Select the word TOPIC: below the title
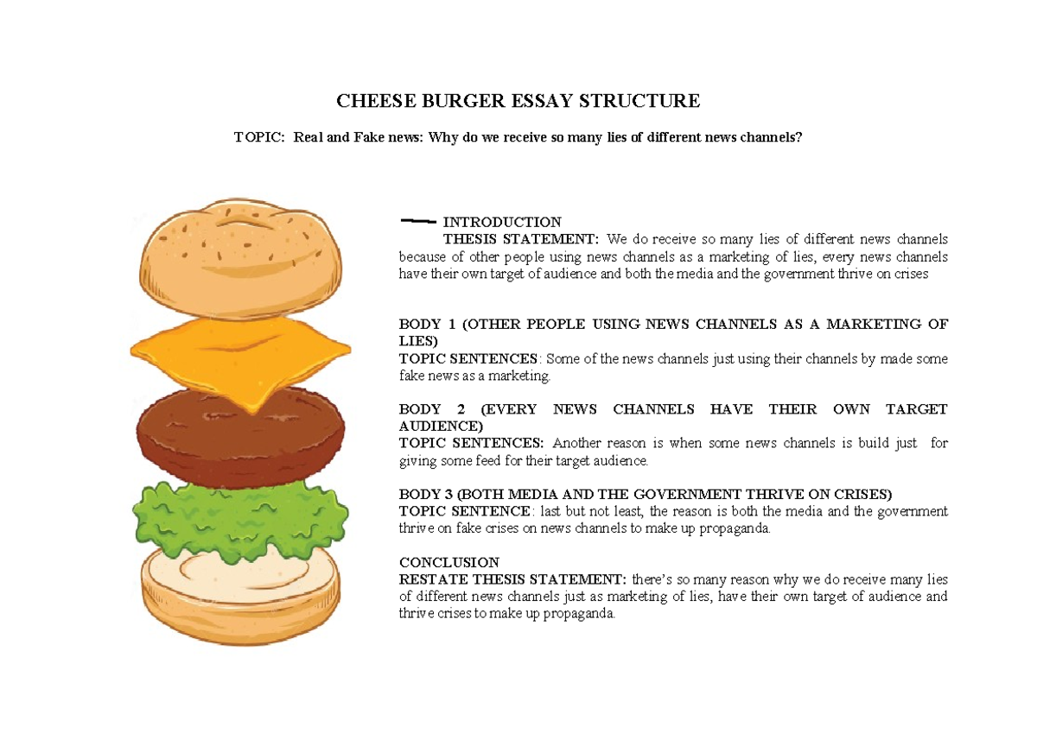[x=259, y=137]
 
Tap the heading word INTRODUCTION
[x=502, y=222]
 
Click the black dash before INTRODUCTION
[x=418, y=221]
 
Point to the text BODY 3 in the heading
[x=426, y=494]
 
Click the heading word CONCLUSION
[x=449, y=562]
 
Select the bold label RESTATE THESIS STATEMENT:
[x=513, y=578]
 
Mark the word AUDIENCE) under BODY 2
[x=441, y=427]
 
